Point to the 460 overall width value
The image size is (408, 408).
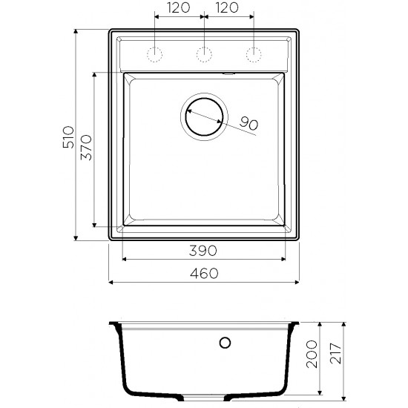(x=203, y=274)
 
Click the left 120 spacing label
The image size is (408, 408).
(x=177, y=10)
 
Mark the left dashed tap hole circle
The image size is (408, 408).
(x=154, y=53)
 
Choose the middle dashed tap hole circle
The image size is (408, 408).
(x=203, y=53)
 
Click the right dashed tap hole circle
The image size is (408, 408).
(x=254, y=53)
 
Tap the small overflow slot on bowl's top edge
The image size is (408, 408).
(x=228, y=74)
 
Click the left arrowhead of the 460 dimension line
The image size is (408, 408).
(x=111, y=283)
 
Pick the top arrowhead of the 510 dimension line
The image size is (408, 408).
(x=77, y=32)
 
